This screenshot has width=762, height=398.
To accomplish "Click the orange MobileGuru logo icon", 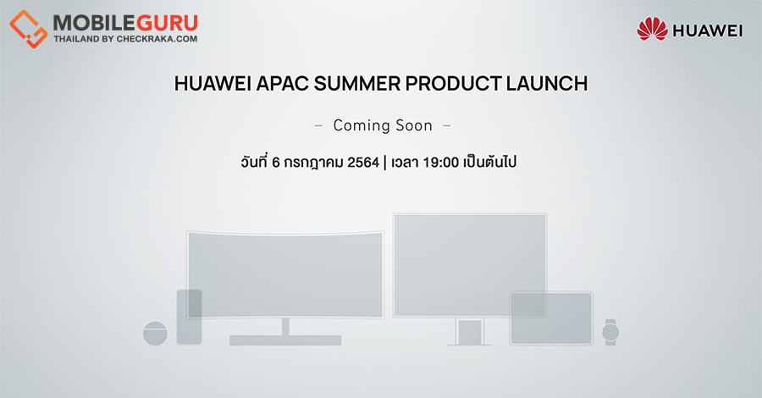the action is (28, 28).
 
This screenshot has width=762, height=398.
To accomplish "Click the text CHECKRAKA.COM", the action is (157, 39).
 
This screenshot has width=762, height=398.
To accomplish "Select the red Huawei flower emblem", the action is (652, 29).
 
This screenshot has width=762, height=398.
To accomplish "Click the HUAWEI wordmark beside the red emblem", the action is (708, 30).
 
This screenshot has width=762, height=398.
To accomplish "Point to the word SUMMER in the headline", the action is (356, 84).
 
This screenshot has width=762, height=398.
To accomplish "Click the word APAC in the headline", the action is (282, 84).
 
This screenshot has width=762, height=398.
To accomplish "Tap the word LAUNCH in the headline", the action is (547, 84).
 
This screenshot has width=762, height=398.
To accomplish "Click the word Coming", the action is (362, 126).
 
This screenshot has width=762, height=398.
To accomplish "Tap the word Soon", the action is (414, 126).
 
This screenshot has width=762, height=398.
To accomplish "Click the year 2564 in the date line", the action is (363, 163).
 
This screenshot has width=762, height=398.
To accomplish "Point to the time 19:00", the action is (441, 163).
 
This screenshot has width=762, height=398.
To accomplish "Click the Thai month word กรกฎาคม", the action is (313, 163).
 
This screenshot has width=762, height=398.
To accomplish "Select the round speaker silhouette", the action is (155, 334).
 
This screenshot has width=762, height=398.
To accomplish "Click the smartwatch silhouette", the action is (610, 333).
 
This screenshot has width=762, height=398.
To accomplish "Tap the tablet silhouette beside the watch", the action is (551, 318).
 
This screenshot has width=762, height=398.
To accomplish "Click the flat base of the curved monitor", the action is (285, 340).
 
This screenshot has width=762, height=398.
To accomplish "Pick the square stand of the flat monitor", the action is (470, 332).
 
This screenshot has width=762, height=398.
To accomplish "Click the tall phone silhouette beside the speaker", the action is (189, 317).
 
